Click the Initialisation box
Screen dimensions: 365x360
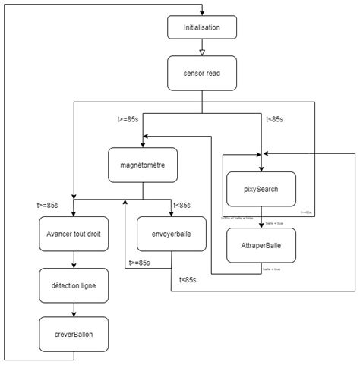click(201, 27)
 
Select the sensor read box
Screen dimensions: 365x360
click(201, 73)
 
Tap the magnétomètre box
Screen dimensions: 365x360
click(142, 165)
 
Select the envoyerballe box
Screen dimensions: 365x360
click(172, 234)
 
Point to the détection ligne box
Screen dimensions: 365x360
click(73, 285)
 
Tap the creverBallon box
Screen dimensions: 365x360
click(73, 334)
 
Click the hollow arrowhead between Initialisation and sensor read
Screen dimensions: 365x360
click(201, 52)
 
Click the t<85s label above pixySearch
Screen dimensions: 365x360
click(275, 118)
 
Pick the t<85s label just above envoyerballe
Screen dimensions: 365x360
click(182, 205)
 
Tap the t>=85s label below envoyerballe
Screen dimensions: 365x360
click(140, 263)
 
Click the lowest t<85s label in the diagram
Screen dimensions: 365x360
click(188, 280)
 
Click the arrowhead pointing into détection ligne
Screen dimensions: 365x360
click(73, 266)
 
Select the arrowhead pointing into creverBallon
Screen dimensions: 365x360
click(73, 315)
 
